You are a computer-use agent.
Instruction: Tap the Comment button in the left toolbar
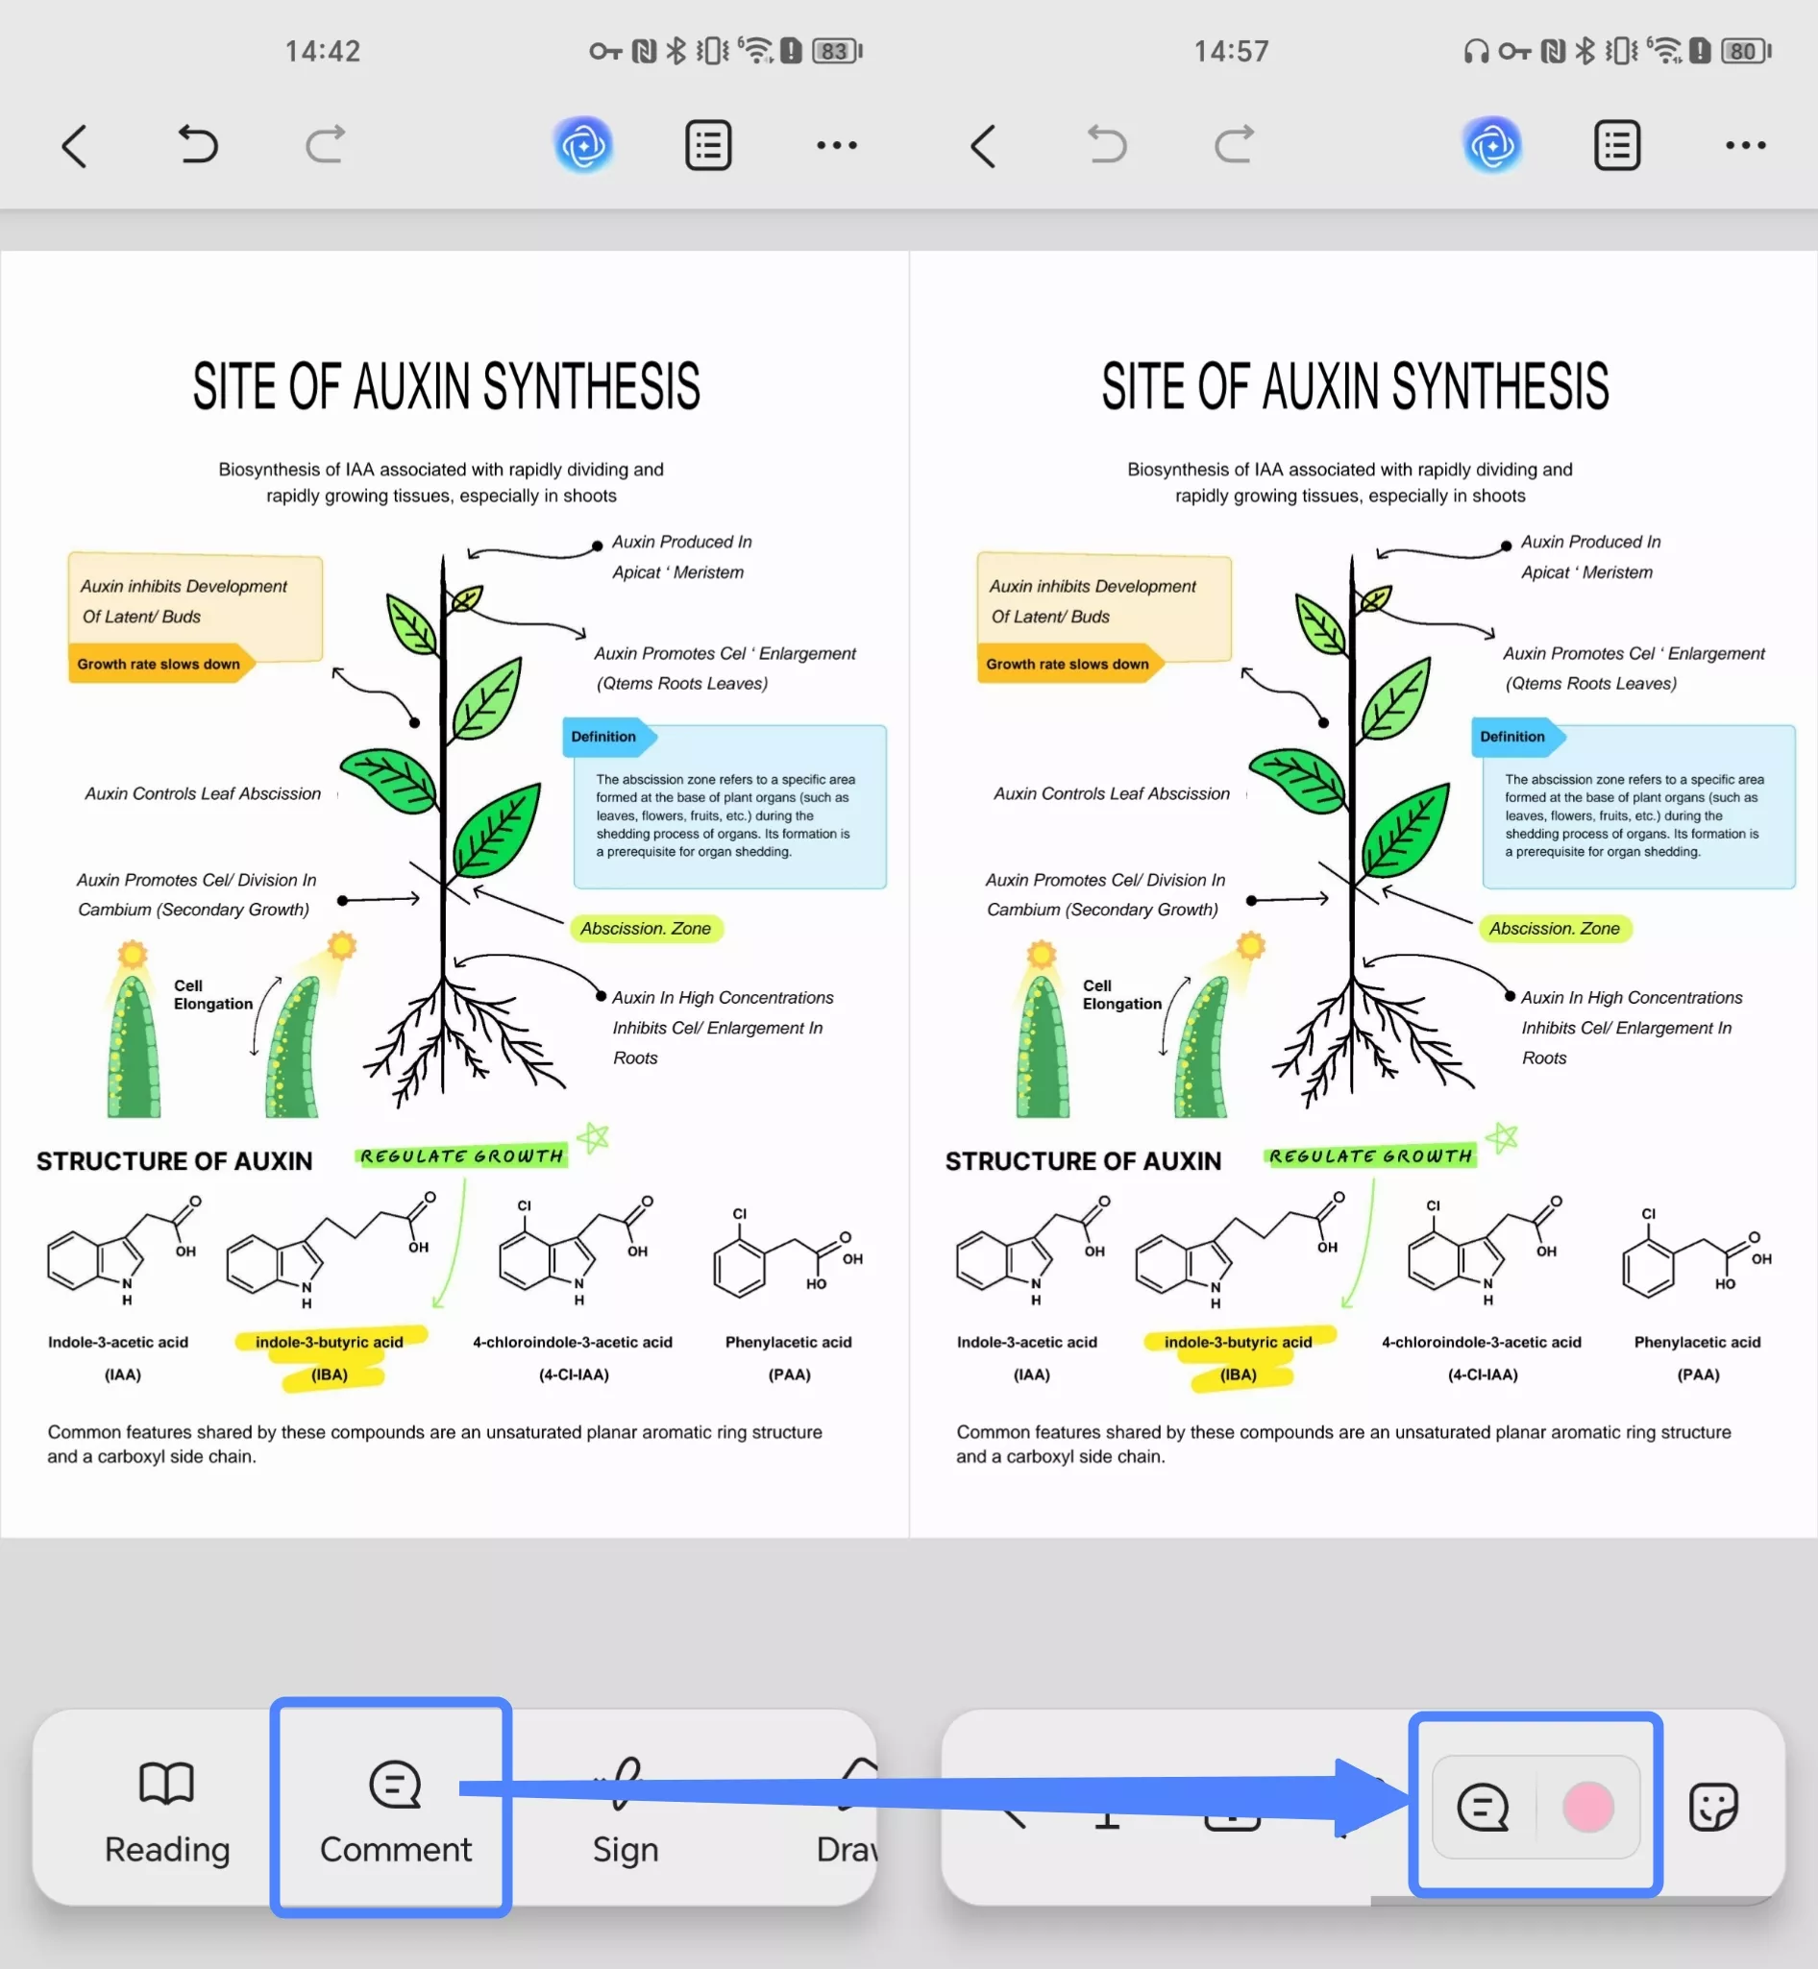point(396,1811)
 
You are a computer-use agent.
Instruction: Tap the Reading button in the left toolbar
point(167,1811)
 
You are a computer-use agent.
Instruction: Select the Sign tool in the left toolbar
point(625,1811)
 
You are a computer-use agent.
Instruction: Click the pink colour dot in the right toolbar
point(1587,1807)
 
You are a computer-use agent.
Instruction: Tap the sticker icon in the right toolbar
point(1712,1807)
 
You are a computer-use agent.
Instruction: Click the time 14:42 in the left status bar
point(323,51)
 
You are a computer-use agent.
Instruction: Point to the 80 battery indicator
point(1745,51)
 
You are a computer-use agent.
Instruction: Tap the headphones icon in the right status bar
point(1476,51)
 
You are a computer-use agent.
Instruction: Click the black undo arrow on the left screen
point(198,145)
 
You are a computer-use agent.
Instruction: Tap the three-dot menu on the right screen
point(1745,146)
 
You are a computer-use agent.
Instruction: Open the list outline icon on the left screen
point(708,146)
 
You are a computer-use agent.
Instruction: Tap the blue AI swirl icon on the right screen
point(1492,146)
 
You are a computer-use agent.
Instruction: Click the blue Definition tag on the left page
point(604,737)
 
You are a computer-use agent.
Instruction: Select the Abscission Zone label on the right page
point(1555,929)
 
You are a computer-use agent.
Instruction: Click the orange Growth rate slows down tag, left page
point(160,664)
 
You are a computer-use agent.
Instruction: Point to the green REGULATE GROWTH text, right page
point(1370,1155)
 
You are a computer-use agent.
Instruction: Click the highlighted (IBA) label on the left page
point(330,1373)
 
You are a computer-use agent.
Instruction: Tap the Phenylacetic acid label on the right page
point(1697,1342)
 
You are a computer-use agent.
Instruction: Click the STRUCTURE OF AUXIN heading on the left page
point(174,1161)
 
